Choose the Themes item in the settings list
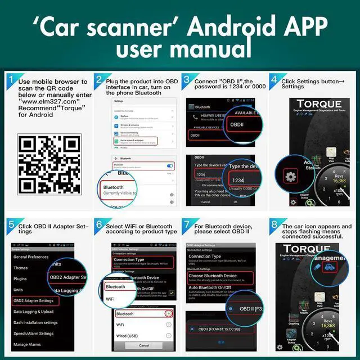[21, 268]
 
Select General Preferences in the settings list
[31, 257]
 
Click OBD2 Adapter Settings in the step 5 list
[35, 300]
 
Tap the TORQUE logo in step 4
[319, 104]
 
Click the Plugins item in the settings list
[20, 278]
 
